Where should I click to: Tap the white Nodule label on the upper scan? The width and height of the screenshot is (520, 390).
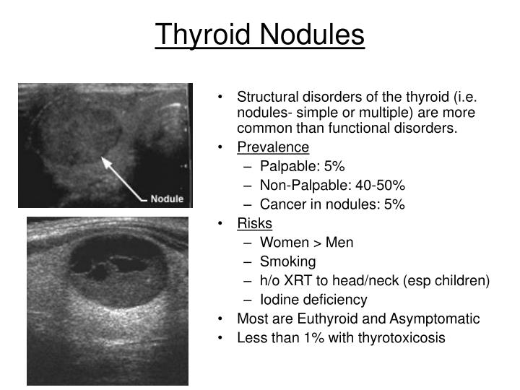(x=166, y=199)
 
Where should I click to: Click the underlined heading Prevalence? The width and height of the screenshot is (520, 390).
(x=272, y=148)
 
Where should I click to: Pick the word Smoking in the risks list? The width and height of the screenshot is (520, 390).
(x=287, y=261)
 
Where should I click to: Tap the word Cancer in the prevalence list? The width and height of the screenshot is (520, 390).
(x=282, y=204)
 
